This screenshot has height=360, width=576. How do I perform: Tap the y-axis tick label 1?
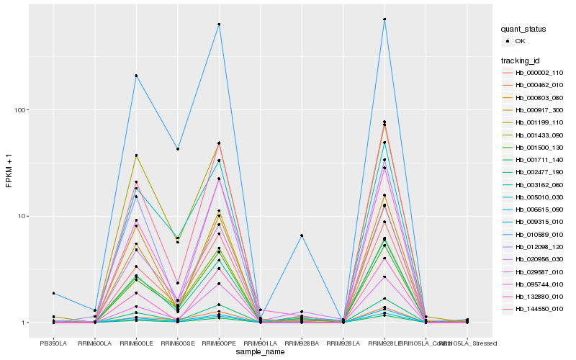(27, 323)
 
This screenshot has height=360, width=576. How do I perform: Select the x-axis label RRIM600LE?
(136, 343)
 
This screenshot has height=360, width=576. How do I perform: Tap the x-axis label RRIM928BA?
(302, 343)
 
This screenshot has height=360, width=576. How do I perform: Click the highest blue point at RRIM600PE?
(219, 24)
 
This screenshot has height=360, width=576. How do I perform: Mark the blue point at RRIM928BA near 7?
(302, 235)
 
